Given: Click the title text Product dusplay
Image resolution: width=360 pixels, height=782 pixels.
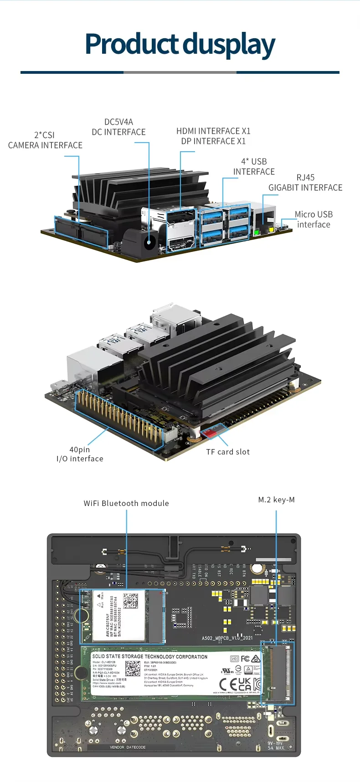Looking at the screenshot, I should [x=180, y=45].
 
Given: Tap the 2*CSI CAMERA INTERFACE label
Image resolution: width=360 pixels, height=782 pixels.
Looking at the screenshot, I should [x=45, y=140].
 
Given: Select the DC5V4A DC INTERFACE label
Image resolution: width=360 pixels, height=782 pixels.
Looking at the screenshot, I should [x=118, y=127].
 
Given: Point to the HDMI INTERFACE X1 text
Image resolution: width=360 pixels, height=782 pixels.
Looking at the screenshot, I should [x=213, y=131].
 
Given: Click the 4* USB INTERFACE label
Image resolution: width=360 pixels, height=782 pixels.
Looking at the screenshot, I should [x=254, y=167].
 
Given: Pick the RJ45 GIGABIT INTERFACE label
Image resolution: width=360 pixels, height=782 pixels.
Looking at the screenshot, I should [x=305, y=183].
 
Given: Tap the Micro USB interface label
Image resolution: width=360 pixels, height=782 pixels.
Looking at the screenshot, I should [x=314, y=219].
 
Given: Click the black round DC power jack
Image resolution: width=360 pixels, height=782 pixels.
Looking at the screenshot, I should [x=149, y=243].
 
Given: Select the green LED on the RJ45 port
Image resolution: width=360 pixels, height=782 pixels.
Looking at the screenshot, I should [x=257, y=232].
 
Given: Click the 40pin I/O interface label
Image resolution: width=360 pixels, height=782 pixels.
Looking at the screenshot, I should [x=80, y=454].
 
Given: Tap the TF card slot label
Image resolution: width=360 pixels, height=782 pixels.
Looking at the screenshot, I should [x=228, y=452].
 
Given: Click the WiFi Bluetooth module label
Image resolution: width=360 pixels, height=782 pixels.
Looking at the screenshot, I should [x=126, y=503].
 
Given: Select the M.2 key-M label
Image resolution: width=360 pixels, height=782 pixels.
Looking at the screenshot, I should [x=276, y=500].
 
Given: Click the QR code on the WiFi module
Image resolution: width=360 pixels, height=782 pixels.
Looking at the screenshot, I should [x=130, y=601].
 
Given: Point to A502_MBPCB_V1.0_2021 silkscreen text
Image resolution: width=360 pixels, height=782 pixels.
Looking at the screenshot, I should [x=227, y=638].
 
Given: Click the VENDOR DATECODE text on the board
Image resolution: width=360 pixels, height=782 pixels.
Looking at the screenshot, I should [x=128, y=747].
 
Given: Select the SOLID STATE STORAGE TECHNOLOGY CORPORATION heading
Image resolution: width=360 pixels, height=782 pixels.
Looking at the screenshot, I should [x=149, y=657].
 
